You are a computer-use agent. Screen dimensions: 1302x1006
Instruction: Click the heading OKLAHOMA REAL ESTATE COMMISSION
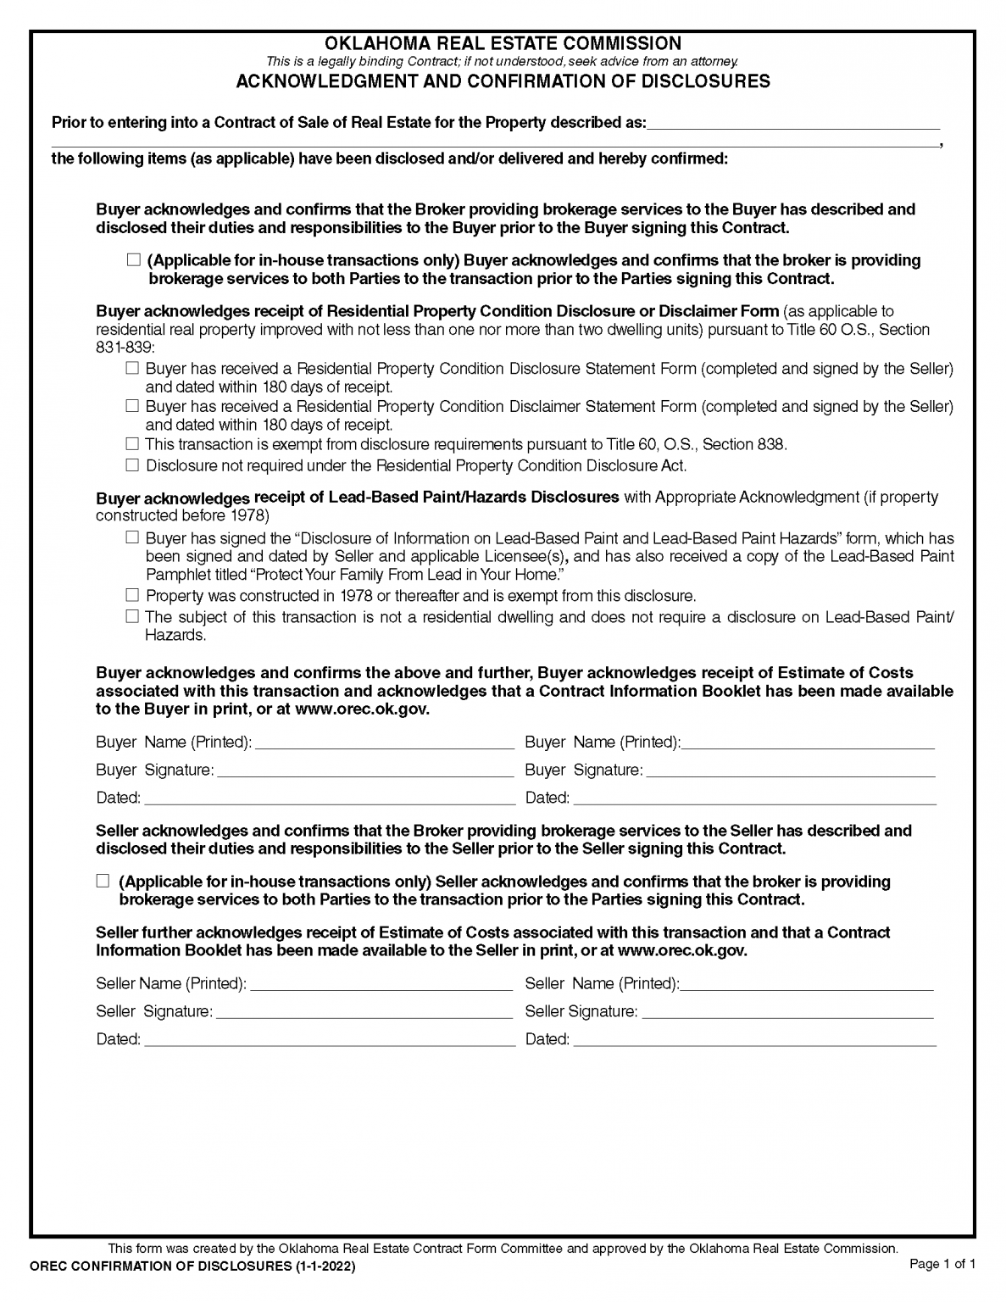pos(503,43)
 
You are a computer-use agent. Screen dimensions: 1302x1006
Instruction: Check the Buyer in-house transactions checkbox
pos(133,260)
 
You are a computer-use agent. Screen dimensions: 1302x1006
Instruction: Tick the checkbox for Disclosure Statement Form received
pos(132,369)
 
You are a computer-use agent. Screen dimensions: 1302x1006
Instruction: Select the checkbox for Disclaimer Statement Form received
pos(132,406)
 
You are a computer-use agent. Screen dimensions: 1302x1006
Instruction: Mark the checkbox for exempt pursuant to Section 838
pos(132,443)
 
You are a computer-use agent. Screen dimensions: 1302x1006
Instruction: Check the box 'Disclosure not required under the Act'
pos(132,465)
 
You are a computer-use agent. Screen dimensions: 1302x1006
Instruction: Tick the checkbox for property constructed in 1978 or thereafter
pos(132,595)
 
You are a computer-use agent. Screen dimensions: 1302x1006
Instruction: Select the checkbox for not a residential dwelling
pos(132,616)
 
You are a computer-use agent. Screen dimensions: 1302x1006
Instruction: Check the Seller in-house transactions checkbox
pos(103,882)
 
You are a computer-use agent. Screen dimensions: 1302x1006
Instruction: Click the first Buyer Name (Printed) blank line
pos(384,743)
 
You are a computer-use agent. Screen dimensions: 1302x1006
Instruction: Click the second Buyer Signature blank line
pos(790,771)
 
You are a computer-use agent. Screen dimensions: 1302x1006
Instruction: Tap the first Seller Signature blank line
pos(364,1012)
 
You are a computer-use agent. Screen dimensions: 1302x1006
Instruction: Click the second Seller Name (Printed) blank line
pos(807,984)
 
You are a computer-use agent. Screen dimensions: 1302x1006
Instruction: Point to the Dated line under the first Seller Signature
pos(329,1040)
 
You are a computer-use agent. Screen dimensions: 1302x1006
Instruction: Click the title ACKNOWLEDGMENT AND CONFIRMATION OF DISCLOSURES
pos(503,81)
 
